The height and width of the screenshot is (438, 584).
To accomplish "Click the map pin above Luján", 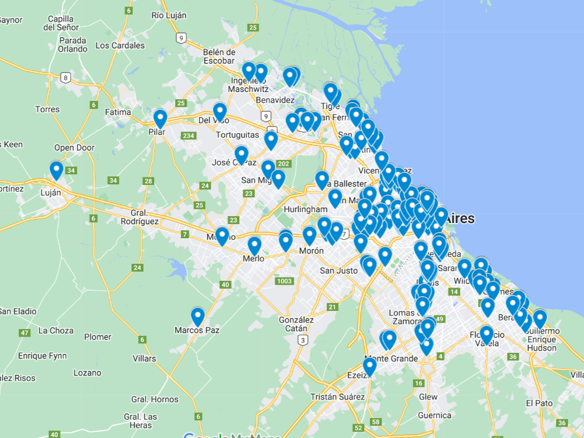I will coord(56,170).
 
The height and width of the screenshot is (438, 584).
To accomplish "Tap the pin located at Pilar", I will coord(160,119).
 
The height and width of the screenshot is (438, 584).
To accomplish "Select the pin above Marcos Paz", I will coord(198,317).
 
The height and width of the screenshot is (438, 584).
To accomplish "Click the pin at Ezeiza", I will coord(369,367).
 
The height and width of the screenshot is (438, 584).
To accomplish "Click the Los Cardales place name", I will coord(120,45).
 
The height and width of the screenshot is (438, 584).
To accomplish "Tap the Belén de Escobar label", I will coord(219,56).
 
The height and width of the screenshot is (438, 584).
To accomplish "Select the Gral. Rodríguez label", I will coord(140,217).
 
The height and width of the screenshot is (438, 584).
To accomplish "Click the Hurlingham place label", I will coord(306,209).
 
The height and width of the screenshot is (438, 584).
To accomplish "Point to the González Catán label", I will coord(296,324).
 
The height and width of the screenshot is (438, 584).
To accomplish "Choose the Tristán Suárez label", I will coord(338,397).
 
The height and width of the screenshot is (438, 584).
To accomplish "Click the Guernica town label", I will coord(435,415).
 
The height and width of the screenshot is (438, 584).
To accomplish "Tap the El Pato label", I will coord(539,403).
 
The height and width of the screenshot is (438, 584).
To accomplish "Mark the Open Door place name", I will coord(74,148).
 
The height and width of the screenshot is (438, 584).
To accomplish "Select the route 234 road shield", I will coord(188,136).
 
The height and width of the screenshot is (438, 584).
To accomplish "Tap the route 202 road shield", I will coord(284,164).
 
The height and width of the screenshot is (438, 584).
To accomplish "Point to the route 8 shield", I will coord(66,78).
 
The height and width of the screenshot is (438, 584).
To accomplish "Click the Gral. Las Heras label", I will coord(141,421).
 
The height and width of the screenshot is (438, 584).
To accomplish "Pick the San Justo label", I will coord(339,271).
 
